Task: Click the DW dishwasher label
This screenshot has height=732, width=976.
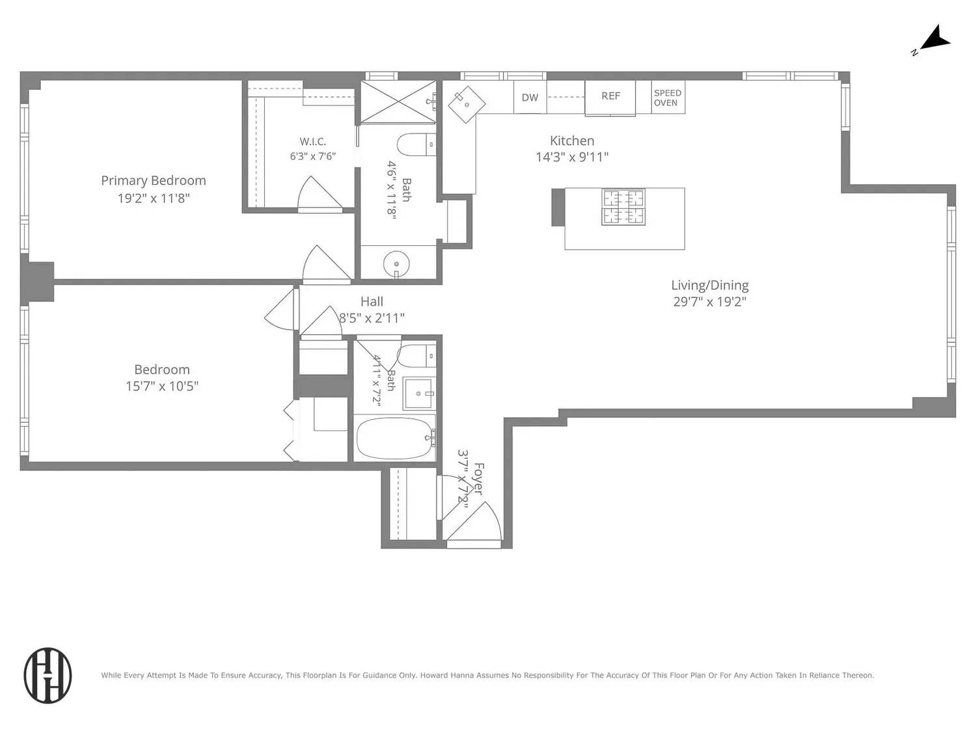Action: click(530, 98)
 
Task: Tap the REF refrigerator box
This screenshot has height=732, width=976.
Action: click(610, 98)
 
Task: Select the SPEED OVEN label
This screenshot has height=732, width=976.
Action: click(668, 98)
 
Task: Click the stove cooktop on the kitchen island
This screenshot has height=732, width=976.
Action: click(623, 207)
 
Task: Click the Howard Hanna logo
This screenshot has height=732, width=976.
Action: click(47, 675)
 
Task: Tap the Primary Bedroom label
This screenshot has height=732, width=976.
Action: click(154, 180)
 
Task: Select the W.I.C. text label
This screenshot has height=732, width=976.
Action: click(312, 142)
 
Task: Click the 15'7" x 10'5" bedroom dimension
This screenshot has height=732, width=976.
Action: click(162, 386)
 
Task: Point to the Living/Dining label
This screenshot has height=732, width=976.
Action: click(710, 286)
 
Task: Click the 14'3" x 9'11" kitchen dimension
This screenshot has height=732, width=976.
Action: click(572, 157)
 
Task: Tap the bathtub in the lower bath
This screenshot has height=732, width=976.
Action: click(395, 438)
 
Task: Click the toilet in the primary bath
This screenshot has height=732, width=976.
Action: click(416, 144)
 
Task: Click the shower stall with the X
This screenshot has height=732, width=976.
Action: click(398, 102)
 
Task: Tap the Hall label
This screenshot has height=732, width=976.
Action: click(372, 302)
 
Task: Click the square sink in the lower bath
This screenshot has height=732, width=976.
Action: click(418, 394)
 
